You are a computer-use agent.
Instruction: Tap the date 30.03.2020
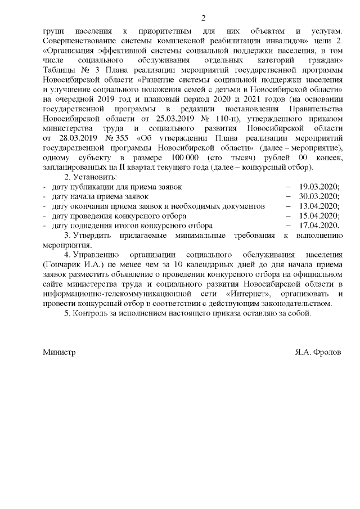pos(319,196)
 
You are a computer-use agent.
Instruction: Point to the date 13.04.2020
pos(319,206)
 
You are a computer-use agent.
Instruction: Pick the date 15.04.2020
pos(319,216)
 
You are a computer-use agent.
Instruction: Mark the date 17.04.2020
pos(319,226)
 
